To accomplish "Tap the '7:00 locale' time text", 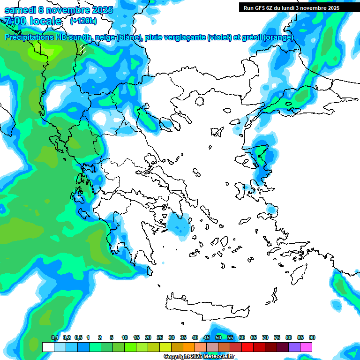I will coord(32,21).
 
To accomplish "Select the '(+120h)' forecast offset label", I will coord(83,21).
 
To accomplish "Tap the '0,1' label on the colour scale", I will coord(54,338).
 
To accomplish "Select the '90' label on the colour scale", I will coord(312,338).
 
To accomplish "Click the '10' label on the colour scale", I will coord(124,338).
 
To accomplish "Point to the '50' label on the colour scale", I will coord(218,338).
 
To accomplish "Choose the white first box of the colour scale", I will coord(48,347).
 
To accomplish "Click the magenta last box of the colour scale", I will coord(306,347).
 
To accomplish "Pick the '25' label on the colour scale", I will coord(159,338).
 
